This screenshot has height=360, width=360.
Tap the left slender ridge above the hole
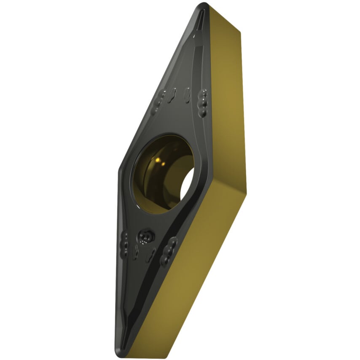[172, 95]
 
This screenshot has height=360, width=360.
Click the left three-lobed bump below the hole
[125, 244]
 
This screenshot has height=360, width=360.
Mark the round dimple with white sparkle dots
[146, 236]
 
